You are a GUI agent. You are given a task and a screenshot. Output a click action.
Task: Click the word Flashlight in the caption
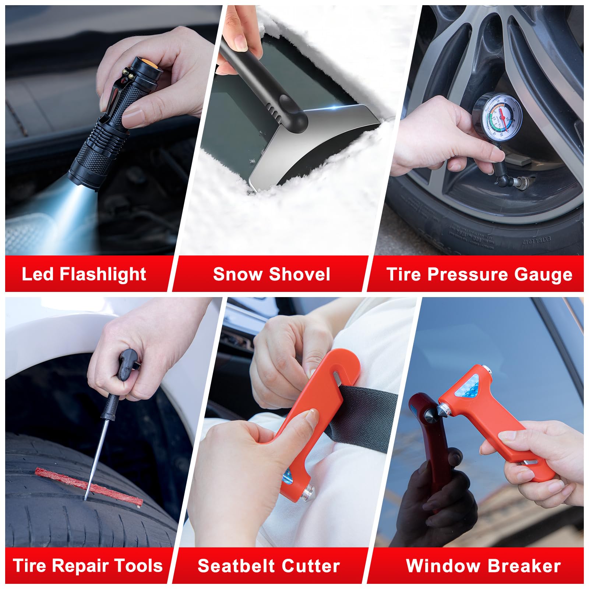coord(103,275)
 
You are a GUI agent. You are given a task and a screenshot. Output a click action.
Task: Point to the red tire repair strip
coord(88,486)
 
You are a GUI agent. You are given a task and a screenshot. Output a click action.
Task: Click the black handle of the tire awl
coord(127,364)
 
